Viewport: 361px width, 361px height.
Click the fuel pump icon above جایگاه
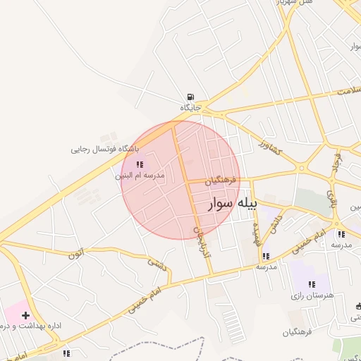pyautogui.click(x=190, y=97)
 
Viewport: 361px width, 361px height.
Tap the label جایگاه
pyautogui.click(x=190, y=108)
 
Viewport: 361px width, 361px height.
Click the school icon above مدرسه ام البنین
pyautogui.click(x=139, y=165)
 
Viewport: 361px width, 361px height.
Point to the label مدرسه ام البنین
pyautogui.click(x=140, y=175)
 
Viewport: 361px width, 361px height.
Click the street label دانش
pyautogui.click(x=277, y=223)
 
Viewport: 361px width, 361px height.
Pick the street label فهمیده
pyautogui.click(x=257, y=230)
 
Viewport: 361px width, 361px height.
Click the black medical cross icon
pyautogui.click(x=26, y=315)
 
